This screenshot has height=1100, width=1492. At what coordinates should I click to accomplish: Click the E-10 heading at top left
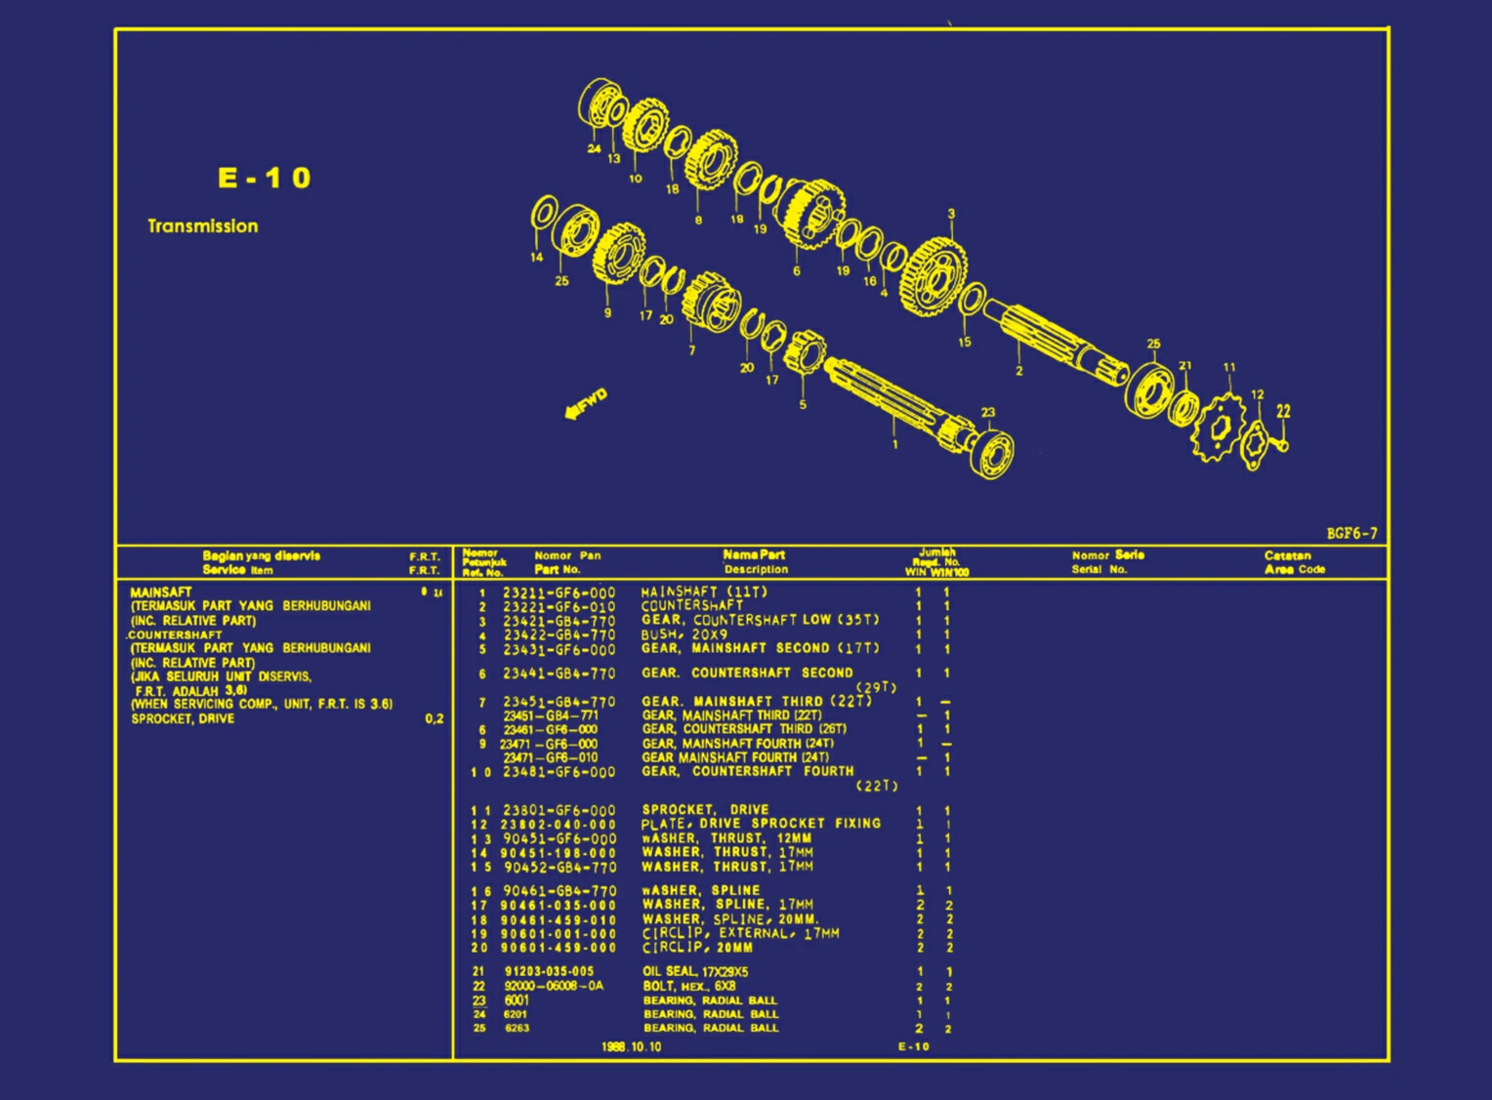click(264, 178)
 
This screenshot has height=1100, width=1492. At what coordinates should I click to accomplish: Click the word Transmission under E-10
click(203, 225)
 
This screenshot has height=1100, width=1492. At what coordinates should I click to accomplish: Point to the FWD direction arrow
click(586, 403)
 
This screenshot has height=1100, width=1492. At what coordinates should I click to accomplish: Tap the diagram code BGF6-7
click(1351, 533)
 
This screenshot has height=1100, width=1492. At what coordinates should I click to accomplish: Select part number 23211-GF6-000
click(559, 592)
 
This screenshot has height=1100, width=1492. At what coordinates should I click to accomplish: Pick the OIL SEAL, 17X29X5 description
click(695, 971)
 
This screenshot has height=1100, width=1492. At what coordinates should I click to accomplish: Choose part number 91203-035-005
click(549, 971)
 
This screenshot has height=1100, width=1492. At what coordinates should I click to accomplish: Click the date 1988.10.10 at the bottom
click(631, 1046)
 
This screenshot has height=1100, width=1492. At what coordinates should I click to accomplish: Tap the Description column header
click(755, 569)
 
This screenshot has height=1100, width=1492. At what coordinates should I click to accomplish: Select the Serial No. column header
click(1098, 569)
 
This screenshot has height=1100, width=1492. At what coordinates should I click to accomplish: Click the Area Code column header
click(1295, 569)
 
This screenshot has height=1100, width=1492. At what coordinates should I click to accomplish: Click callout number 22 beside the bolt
click(1283, 411)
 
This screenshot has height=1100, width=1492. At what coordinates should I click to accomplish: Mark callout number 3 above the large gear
click(951, 214)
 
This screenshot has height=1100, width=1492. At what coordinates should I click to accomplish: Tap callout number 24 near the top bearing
click(594, 148)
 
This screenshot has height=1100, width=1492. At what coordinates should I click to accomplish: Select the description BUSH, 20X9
click(684, 634)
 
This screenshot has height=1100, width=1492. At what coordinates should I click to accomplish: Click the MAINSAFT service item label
click(161, 591)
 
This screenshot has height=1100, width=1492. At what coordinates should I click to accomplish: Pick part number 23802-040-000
click(559, 825)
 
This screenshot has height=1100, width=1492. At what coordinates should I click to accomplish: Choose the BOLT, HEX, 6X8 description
click(689, 986)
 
